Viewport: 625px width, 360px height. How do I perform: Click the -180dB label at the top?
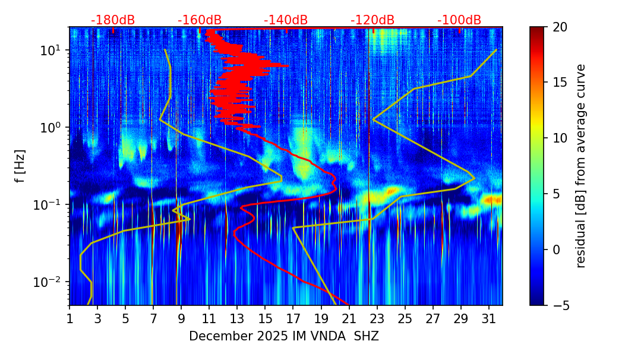pos(113,20)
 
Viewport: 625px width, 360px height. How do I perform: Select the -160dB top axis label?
pos(200,20)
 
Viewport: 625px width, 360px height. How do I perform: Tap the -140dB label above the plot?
pos(286,20)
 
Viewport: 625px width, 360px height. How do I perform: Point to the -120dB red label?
pos(373,20)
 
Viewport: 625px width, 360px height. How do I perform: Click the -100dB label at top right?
pos(459,20)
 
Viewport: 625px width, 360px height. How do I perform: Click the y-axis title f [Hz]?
pos(21,166)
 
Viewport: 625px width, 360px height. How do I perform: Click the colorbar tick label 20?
pos(560,27)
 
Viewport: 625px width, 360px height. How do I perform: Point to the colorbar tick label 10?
pos(560,138)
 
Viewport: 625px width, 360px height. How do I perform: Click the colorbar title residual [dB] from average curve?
pos(581,166)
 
